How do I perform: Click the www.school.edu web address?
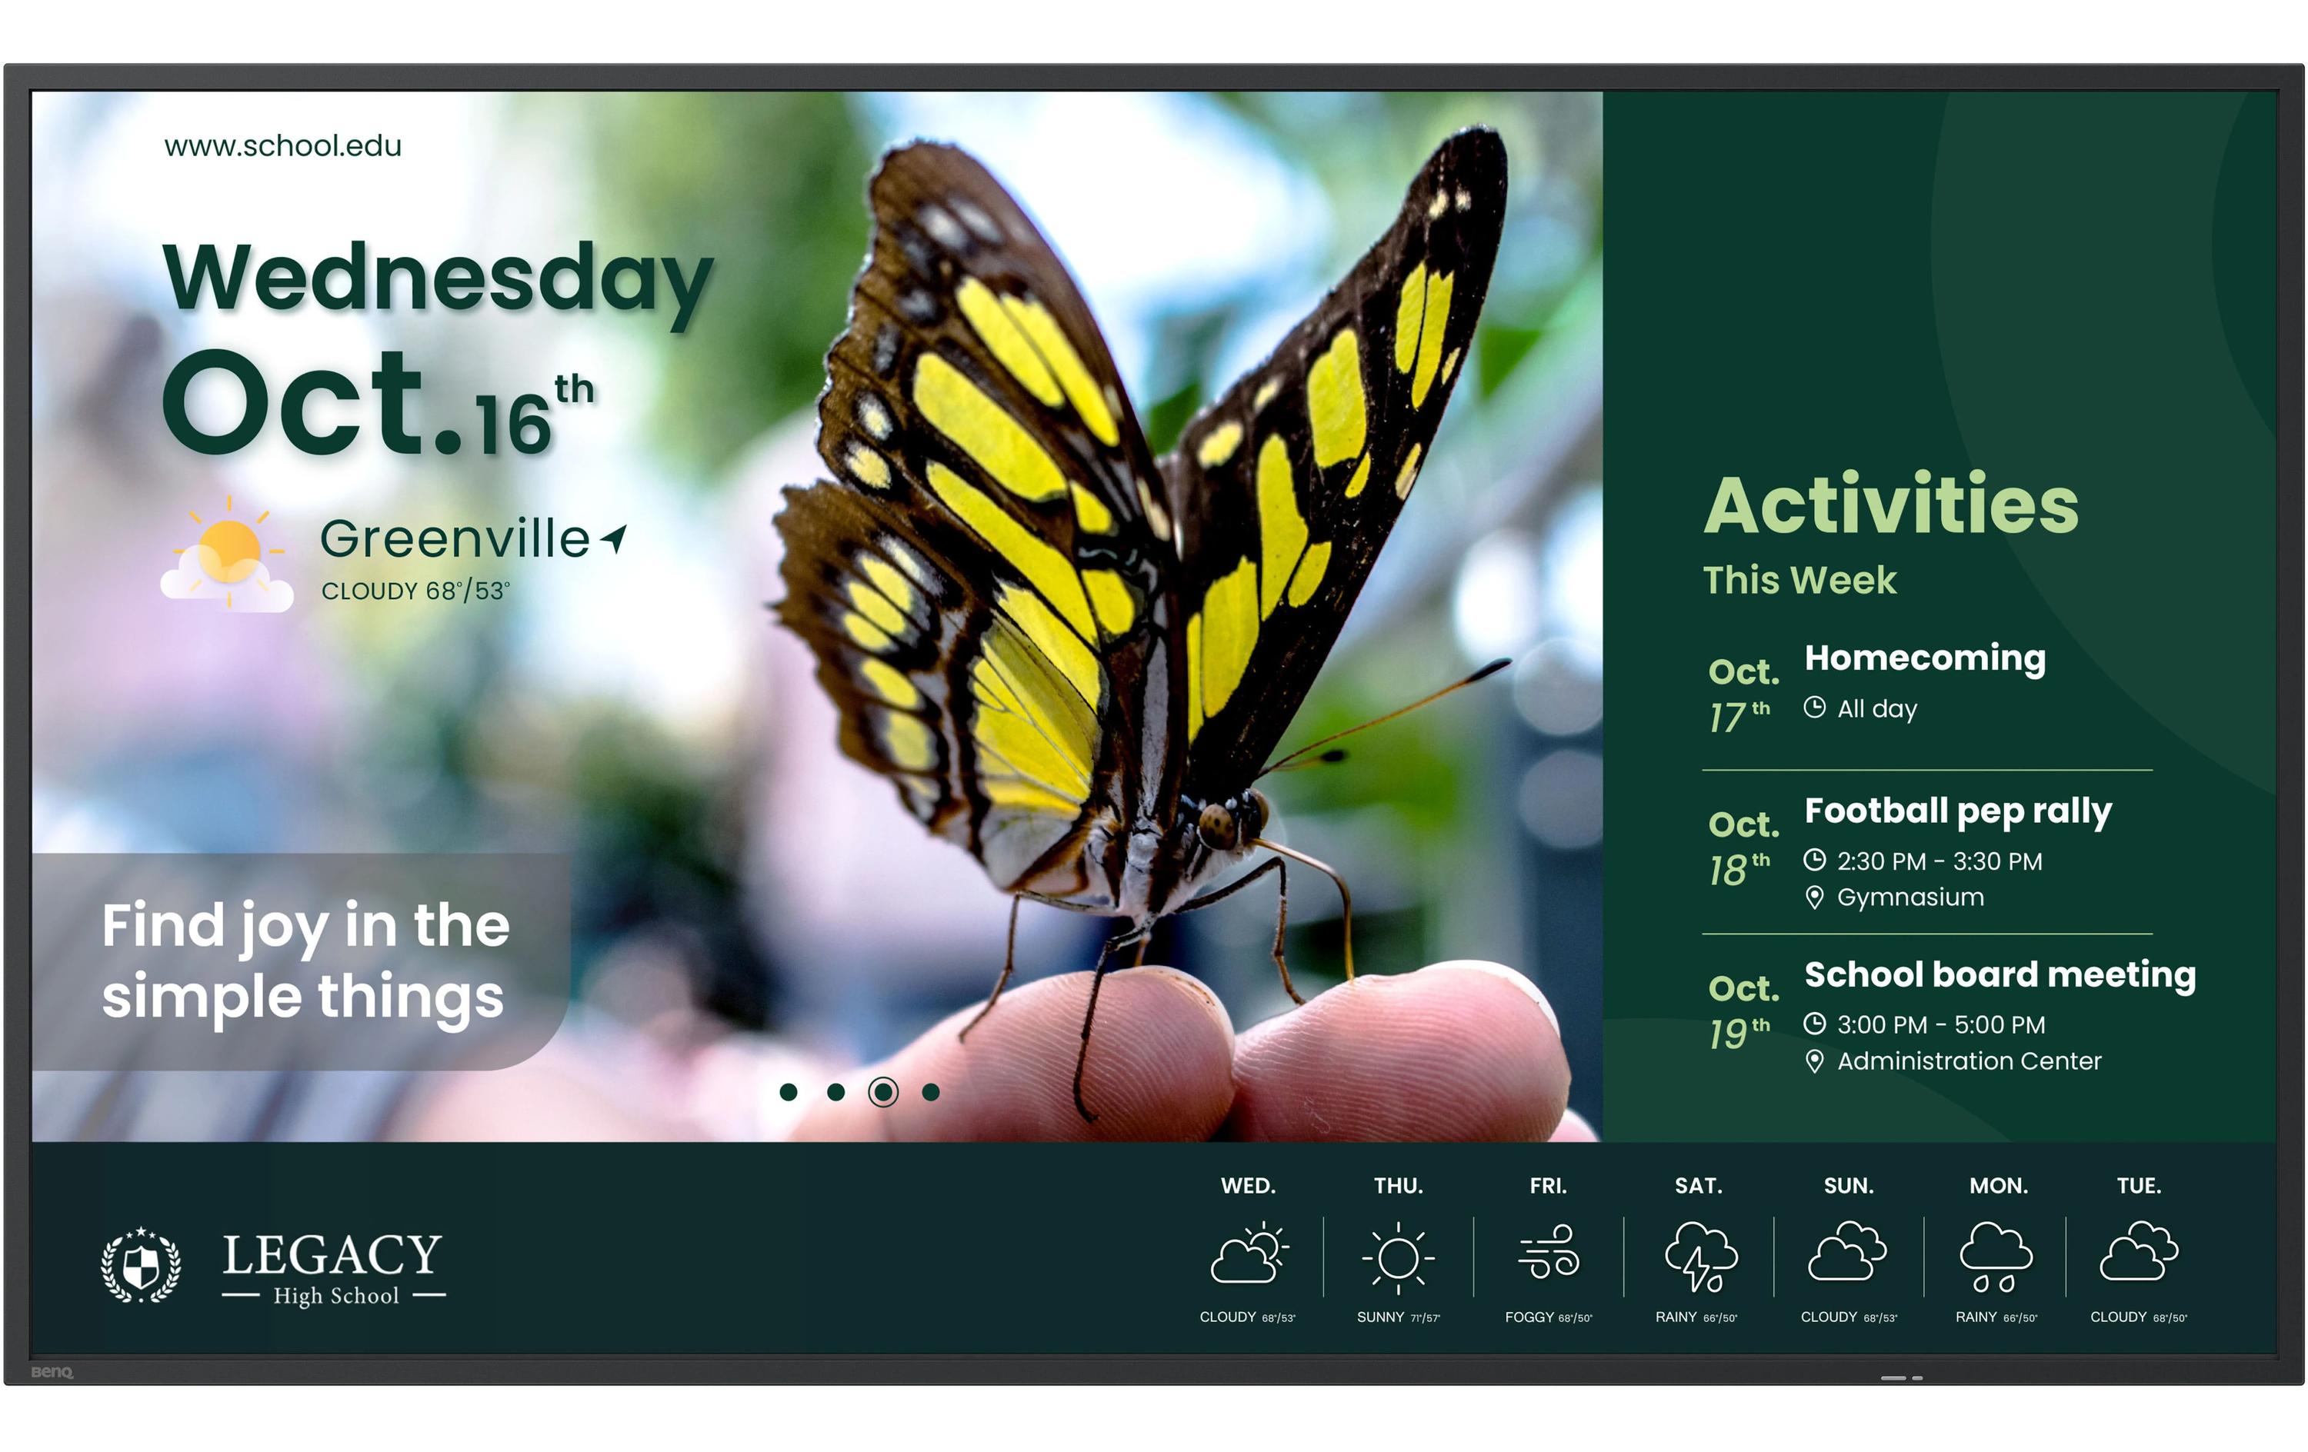coord(283,145)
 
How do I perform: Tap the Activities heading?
coord(1890,505)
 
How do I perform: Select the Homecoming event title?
coord(1925,658)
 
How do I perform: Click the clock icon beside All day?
coord(1814,708)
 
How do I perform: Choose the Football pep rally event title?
coord(1957,811)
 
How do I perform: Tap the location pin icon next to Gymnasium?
coord(1814,897)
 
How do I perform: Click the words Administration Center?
coord(1969,1061)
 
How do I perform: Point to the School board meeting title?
coord(1999,974)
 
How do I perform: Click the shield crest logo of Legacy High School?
coord(141,1264)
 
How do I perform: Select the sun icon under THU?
coord(1397,1257)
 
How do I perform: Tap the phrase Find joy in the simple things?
coord(305,961)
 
